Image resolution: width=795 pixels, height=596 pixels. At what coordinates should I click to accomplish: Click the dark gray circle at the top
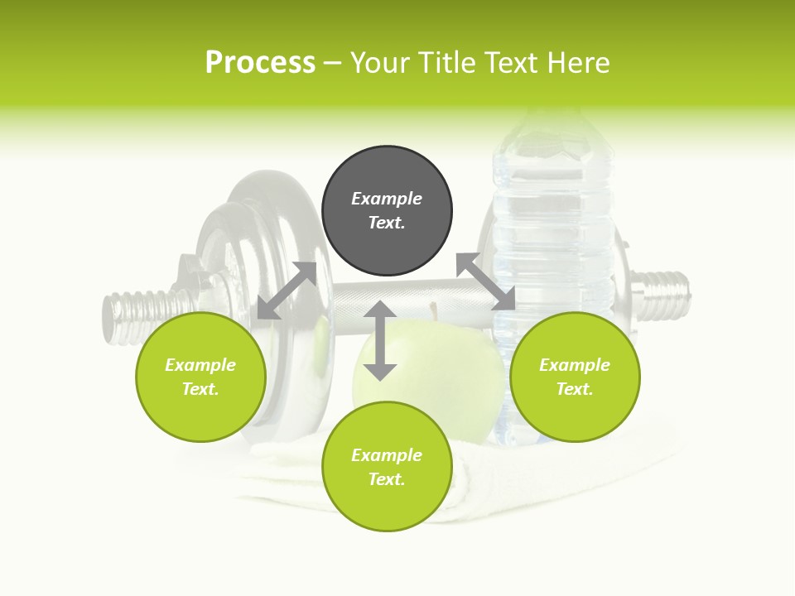387,211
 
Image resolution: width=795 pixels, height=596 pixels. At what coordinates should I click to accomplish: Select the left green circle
200,377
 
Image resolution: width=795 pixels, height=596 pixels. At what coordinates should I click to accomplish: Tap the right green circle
575,377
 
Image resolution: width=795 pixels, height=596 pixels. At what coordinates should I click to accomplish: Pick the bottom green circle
387,467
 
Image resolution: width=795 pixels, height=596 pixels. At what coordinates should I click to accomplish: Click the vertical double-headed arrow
380,340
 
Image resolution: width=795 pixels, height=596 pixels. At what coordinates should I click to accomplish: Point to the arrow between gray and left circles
287,291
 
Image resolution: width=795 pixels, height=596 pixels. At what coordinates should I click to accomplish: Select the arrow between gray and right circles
486,281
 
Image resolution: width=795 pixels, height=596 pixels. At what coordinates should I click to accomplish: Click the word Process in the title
260,62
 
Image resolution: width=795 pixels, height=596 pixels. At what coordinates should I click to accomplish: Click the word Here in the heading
579,62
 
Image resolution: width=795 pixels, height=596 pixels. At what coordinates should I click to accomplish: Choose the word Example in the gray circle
387,199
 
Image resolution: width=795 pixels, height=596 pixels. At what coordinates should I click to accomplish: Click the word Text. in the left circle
200,389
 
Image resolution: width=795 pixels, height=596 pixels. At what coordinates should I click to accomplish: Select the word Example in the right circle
575,365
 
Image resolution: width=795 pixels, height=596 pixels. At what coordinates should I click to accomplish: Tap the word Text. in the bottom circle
387,479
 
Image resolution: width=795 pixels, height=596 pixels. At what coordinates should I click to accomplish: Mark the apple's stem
432,311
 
